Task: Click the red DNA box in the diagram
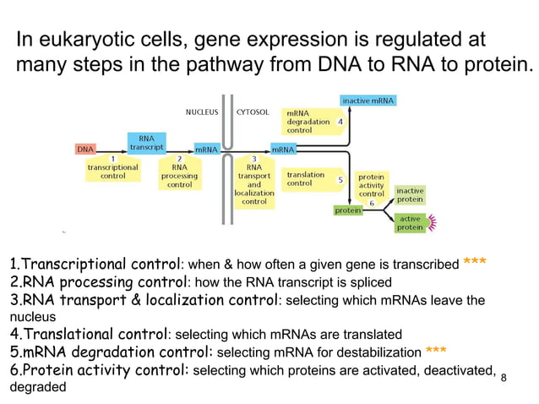coord(86,150)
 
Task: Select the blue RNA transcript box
coord(146,141)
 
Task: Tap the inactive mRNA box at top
coord(367,101)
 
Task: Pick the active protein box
coord(411,222)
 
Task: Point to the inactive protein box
coord(411,194)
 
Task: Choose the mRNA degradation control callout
coord(310,122)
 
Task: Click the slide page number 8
coord(504,377)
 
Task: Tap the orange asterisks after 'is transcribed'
coord(474,263)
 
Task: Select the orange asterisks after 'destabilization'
coord(437,351)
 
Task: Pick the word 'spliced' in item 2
coord(369,282)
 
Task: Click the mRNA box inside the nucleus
coord(207,150)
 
